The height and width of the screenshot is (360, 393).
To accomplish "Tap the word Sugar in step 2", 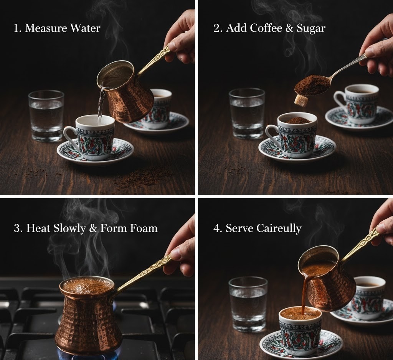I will (x=311, y=28).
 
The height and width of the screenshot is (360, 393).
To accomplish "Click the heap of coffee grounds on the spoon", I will (x=312, y=84).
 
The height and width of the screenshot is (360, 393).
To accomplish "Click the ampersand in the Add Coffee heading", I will (x=290, y=28).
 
